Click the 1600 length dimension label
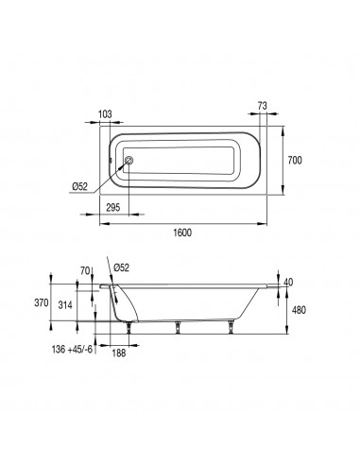[x=182, y=232]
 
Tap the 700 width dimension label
[x=295, y=160]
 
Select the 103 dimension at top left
[x=105, y=114]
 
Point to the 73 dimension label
[x=262, y=106]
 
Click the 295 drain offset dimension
[x=113, y=207]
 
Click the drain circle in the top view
[x=129, y=160]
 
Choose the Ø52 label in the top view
[x=79, y=186]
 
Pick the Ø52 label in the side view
[x=121, y=267]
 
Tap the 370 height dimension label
[x=42, y=302]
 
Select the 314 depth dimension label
[x=65, y=304]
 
